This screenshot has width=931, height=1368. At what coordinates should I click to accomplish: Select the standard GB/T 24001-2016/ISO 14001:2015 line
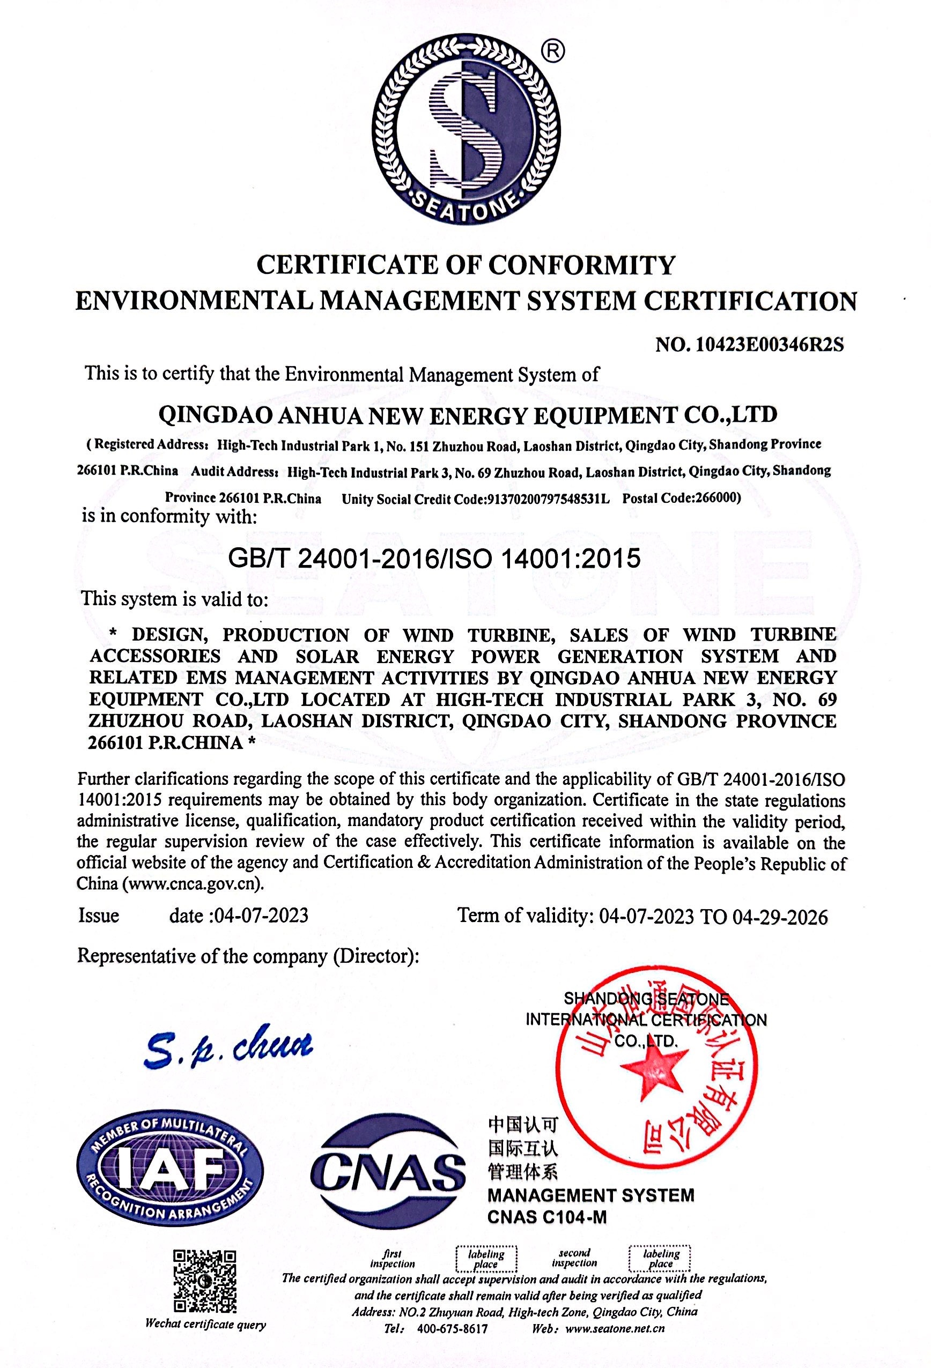[434, 557]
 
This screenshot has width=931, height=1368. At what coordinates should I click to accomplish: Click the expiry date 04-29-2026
[780, 917]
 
